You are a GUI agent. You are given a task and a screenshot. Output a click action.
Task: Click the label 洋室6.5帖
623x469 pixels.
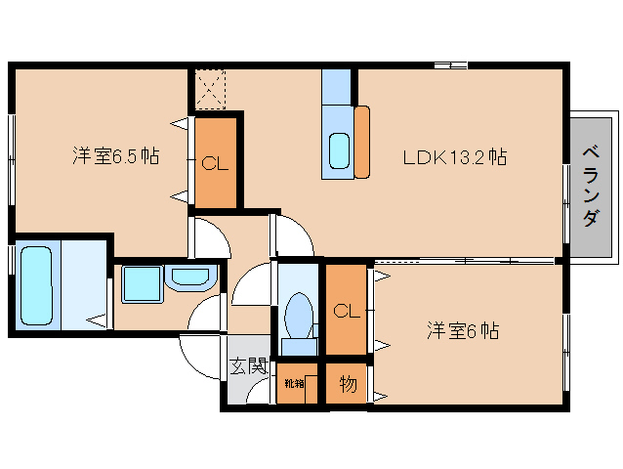click(116, 155)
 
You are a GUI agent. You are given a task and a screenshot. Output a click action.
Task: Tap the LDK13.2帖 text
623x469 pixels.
click(455, 155)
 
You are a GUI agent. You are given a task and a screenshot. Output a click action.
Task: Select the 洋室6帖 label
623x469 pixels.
click(462, 331)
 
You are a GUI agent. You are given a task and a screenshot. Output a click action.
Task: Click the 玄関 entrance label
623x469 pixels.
click(248, 366)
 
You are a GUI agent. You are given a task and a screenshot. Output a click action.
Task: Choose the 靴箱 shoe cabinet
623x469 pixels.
click(295, 384)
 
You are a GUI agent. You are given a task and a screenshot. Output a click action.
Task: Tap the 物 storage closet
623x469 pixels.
click(347, 385)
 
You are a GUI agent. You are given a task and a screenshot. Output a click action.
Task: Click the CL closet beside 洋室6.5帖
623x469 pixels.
click(215, 163)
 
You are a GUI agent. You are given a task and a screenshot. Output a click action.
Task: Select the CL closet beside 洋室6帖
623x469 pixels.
click(345, 312)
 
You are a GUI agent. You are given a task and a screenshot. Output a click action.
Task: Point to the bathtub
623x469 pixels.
click(35, 283)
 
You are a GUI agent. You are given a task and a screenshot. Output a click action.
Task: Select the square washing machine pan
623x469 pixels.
click(141, 284)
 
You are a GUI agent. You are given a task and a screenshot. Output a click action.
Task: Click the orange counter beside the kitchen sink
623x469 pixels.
click(362, 142)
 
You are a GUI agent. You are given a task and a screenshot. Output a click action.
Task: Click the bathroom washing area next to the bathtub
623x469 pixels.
click(84, 283)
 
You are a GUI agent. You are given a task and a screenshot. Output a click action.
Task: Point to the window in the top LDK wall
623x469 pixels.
click(451, 65)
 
